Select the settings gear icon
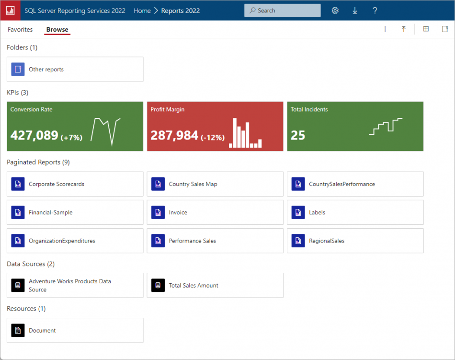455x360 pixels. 335,11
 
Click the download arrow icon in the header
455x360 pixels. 355,11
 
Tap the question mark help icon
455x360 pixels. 375,11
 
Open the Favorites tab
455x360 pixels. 20,30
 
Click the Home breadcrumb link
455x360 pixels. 142,11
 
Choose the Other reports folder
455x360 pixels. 46,70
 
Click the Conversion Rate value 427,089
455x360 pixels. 34,136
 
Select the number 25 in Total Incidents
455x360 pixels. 298,136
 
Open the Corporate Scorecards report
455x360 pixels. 57,184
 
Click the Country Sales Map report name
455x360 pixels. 193,184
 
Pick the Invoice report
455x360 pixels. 178,212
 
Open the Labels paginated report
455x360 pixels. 317,212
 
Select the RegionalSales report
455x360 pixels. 327,241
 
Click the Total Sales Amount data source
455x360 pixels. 193,285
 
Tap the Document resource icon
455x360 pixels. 18,330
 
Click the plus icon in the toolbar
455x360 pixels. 385,29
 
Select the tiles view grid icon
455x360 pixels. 426,29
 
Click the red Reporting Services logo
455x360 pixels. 10,11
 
